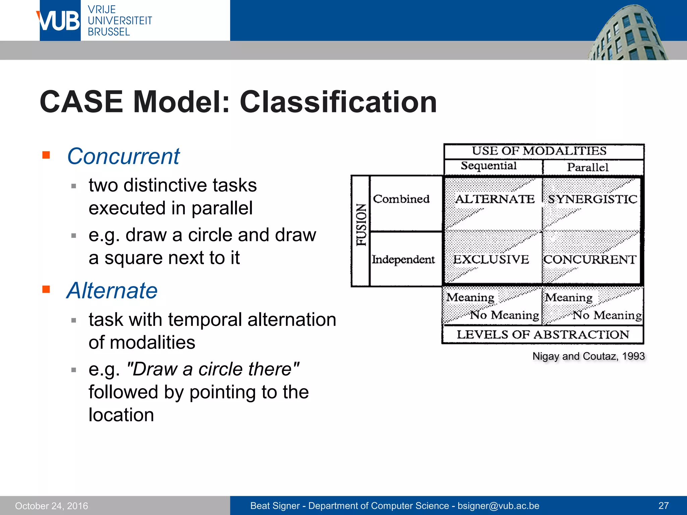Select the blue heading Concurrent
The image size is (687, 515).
pyautogui.click(x=123, y=156)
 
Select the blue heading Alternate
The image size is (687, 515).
pyautogui.click(x=112, y=290)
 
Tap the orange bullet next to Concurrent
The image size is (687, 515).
pyautogui.click(x=46, y=155)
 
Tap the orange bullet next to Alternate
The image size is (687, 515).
pyautogui.click(x=46, y=289)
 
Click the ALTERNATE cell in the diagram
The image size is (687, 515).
pyautogui.click(x=494, y=199)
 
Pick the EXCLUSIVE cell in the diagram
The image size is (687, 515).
pyautogui.click(x=491, y=259)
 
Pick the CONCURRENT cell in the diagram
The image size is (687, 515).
pyautogui.click(x=590, y=259)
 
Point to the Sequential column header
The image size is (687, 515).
pyautogui.click(x=488, y=166)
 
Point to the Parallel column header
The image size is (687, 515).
pyautogui.click(x=588, y=167)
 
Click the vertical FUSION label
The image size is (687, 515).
pyautogui.click(x=361, y=225)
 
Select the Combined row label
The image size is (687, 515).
pyautogui.click(x=401, y=199)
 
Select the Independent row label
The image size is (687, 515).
pyautogui.click(x=403, y=259)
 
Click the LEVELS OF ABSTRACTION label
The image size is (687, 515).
pyautogui.click(x=543, y=335)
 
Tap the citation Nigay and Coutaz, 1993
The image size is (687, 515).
pyautogui.click(x=588, y=356)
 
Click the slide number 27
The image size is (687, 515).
pyautogui.click(x=664, y=506)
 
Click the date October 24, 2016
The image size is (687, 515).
pyautogui.click(x=51, y=506)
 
